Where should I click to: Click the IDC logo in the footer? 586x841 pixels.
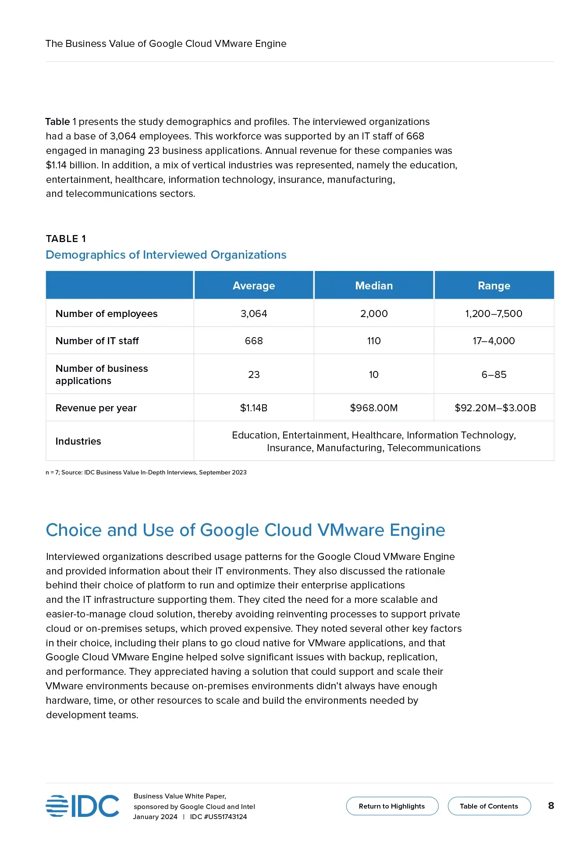pos(82,806)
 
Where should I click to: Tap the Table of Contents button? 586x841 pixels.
pos(489,806)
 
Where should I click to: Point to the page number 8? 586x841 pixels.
pos(551,805)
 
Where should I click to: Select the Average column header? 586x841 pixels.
pos(254,285)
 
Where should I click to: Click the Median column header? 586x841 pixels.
pos(374,285)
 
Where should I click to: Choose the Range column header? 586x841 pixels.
pos(494,285)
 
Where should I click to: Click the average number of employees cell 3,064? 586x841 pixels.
pos(254,314)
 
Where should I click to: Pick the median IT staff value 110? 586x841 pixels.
pos(374,341)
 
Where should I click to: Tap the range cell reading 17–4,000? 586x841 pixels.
pos(494,341)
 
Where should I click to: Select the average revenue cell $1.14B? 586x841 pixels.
pos(254,408)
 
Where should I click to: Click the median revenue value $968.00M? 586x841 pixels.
pos(374,408)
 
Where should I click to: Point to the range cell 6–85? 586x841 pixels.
pos(494,374)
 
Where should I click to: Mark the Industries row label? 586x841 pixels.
pos(78,441)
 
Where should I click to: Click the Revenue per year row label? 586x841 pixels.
pos(96,408)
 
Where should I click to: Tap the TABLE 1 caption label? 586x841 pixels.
pos(66,239)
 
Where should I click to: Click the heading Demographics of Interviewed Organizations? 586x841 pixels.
pos(166,255)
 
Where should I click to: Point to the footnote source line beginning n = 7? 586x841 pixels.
pos(146,472)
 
